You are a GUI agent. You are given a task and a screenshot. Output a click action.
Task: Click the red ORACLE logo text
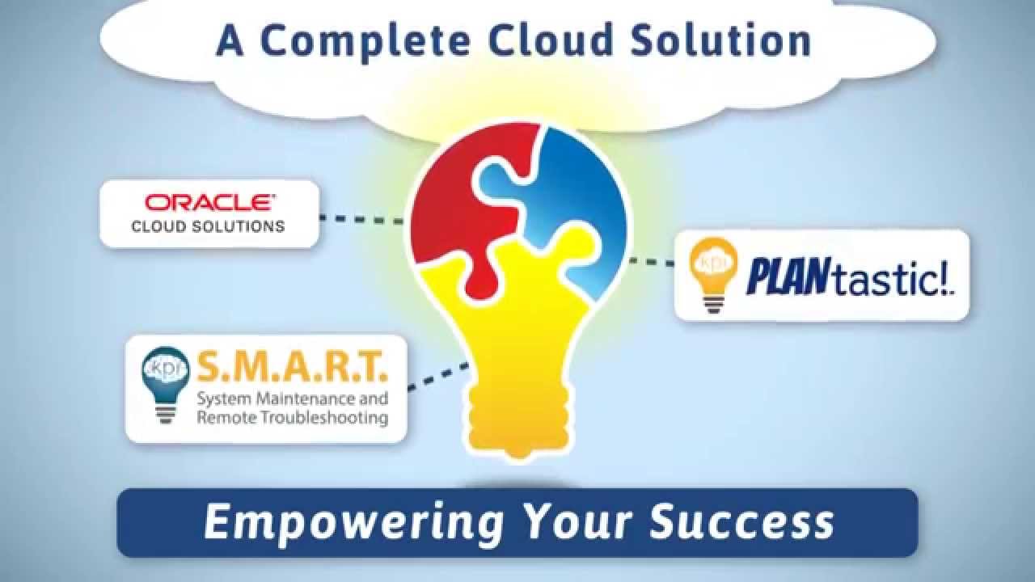click(x=209, y=202)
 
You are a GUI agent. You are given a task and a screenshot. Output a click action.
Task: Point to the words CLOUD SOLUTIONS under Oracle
click(x=209, y=227)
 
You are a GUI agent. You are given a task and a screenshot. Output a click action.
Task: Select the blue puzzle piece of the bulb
click(x=574, y=194)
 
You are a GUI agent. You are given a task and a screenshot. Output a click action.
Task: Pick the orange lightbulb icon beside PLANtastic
click(x=710, y=275)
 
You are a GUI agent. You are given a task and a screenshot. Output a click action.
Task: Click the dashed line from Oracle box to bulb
click(x=361, y=219)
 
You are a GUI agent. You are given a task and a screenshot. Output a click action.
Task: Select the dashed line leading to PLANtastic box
click(x=652, y=261)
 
